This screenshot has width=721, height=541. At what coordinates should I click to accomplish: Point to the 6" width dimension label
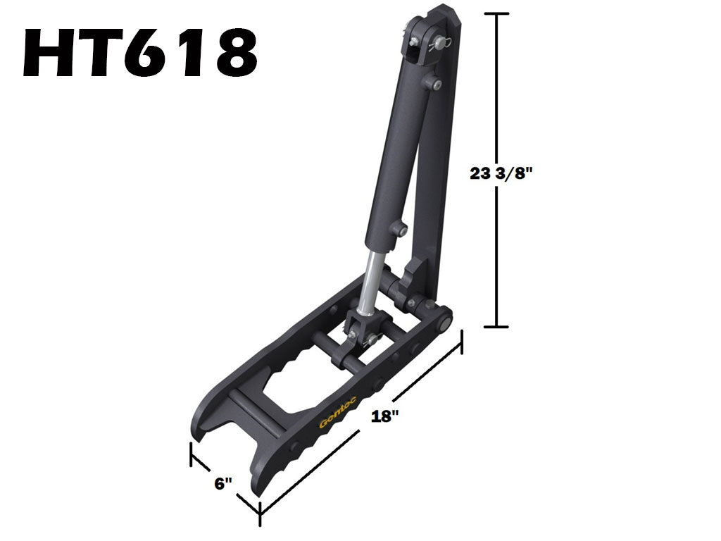(222, 483)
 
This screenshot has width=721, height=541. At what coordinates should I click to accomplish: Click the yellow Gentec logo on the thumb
(338, 412)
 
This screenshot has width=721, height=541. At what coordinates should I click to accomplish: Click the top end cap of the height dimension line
(497, 14)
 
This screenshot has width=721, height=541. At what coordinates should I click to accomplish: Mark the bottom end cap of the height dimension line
(497, 326)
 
